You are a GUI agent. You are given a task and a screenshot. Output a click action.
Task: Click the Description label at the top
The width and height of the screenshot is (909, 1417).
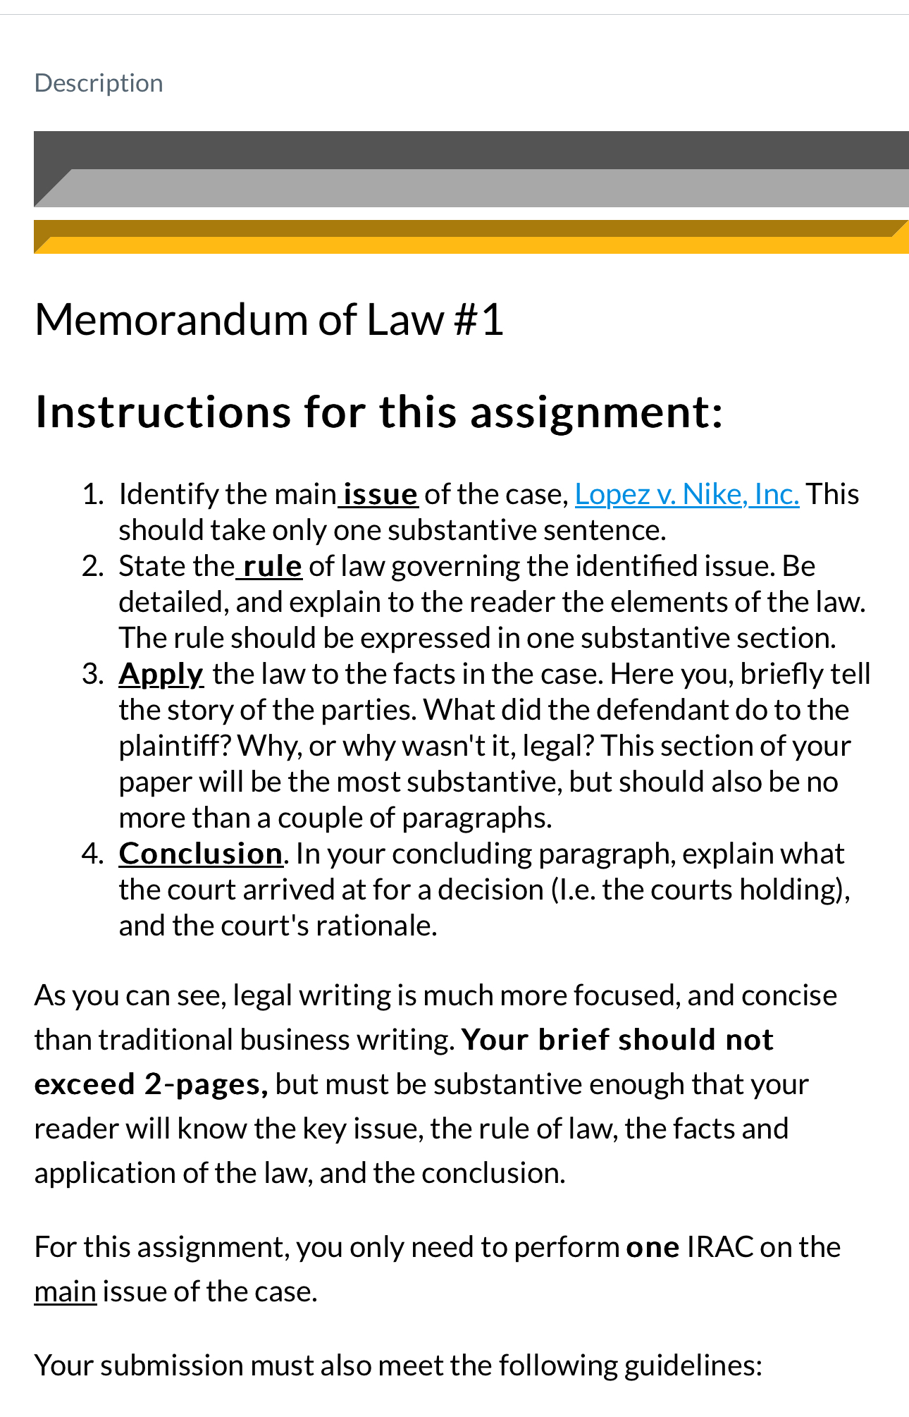click(99, 83)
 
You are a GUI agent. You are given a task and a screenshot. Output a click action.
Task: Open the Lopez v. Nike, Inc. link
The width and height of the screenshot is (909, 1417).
click(686, 494)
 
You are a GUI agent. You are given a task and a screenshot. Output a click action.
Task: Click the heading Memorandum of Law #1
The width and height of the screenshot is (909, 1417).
click(268, 320)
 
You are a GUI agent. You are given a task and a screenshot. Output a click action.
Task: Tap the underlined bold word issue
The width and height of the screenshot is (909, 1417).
click(381, 494)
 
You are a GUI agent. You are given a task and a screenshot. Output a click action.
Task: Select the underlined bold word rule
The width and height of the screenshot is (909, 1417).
click(272, 566)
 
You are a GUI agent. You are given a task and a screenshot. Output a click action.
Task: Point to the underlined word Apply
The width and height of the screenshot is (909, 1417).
click(161, 674)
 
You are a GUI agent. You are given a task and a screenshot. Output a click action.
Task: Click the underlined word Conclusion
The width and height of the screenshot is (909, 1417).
click(200, 854)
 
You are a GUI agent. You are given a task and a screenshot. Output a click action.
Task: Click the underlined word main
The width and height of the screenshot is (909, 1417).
click(65, 1292)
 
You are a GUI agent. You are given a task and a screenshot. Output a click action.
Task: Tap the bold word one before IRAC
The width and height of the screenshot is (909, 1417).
click(653, 1247)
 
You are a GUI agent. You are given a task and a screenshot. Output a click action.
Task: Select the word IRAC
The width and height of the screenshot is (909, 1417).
click(719, 1247)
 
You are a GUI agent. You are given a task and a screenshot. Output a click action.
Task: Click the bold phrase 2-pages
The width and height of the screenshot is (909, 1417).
click(206, 1084)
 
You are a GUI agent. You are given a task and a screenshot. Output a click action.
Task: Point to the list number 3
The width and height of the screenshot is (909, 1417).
click(92, 674)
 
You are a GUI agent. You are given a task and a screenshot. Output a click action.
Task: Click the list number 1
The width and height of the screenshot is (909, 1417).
click(92, 494)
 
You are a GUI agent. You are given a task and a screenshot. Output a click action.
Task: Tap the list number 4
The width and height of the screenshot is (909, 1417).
click(92, 854)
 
